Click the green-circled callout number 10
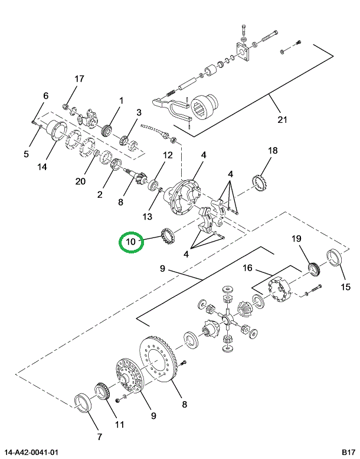coord(131,241)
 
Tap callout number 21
coord(282,120)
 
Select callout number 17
coord(79,79)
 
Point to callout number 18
coord(272,151)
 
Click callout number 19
coord(296,239)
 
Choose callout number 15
coord(346,287)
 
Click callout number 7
coord(99,437)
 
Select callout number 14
coord(42,167)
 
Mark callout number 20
coord(80,181)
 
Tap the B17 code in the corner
coord(347,453)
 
